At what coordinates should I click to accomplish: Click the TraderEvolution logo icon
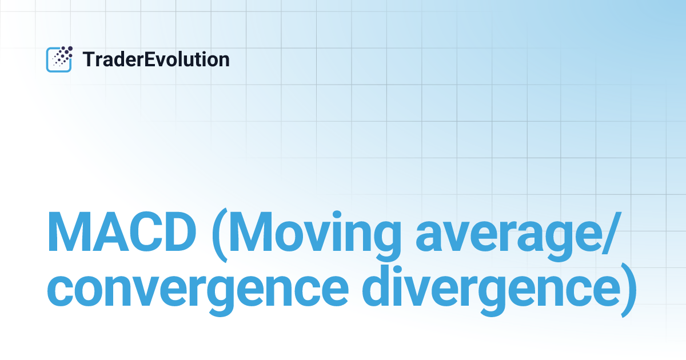[59, 59]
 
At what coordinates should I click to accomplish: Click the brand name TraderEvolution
[156, 59]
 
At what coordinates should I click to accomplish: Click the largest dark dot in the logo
[69, 49]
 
